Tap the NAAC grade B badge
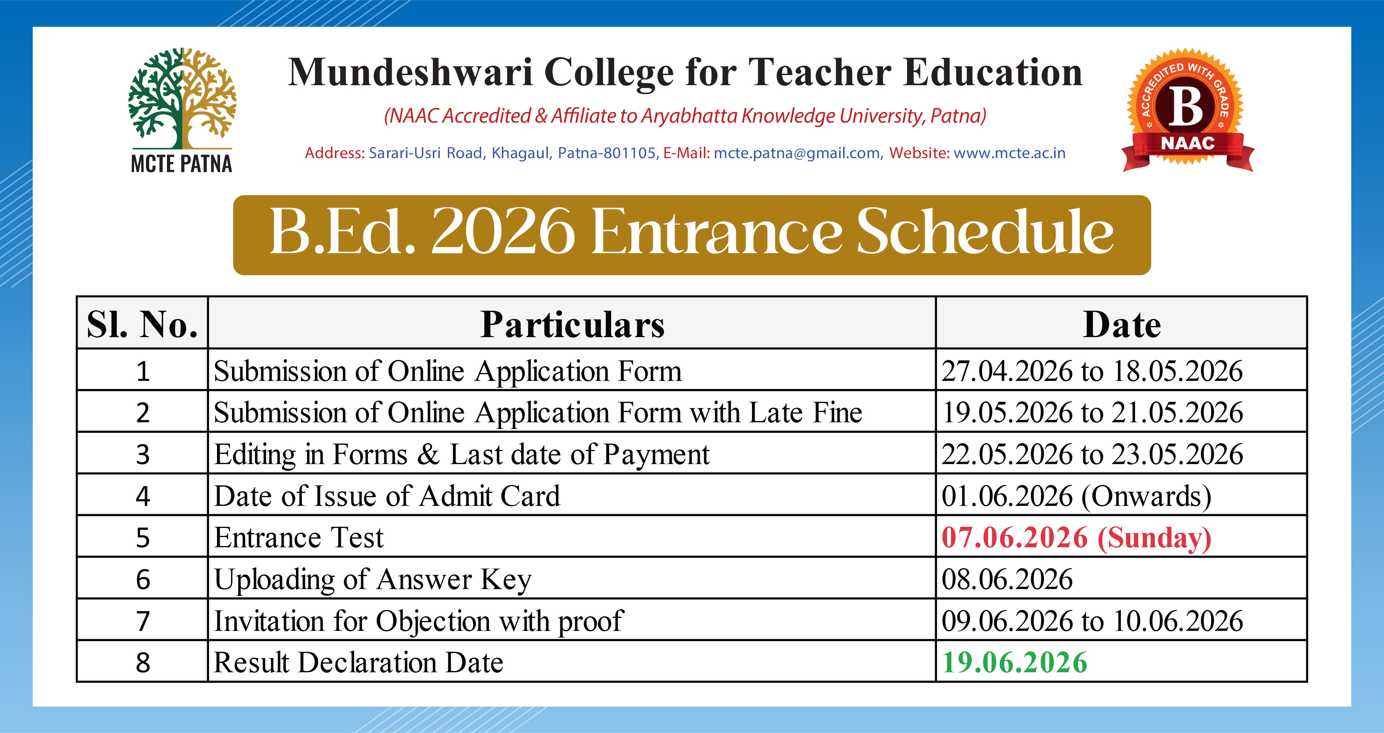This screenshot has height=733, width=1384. [x=1188, y=110]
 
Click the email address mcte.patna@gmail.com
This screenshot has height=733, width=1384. [x=797, y=153]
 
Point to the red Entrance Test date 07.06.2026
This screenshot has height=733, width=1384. [x=1014, y=537]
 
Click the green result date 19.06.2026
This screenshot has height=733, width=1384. [x=1014, y=662]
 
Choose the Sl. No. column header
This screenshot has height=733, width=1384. [x=142, y=324]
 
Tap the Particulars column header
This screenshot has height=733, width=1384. [x=572, y=324]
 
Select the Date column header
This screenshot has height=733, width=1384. [x=1122, y=324]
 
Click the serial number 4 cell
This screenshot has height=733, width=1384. [x=142, y=495]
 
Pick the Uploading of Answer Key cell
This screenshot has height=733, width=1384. [x=572, y=578]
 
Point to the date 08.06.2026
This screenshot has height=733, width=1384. [x=1007, y=579]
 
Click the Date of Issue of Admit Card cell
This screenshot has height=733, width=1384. [x=572, y=495]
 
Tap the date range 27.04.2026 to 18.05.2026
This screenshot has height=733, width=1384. [x=1092, y=371]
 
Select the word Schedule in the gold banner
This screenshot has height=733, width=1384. [x=985, y=231]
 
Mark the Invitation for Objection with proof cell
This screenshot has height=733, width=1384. [x=572, y=620]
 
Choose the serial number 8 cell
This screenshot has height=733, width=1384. [x=142, y=662]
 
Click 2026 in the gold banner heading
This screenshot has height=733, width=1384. [x=503, y=231]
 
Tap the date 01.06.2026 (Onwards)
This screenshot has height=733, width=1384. [x=1076, y=496]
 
